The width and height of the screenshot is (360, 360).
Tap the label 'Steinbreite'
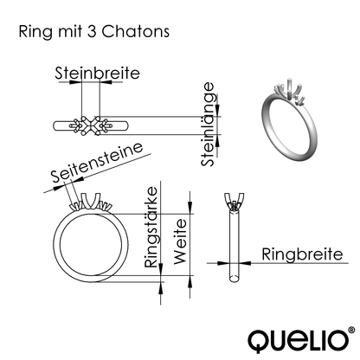click(97, 74)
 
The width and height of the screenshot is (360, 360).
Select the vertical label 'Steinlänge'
click(208, 125)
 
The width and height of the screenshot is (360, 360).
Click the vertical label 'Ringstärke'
click(151, 232)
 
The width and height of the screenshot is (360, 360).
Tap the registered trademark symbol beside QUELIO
click(350, 330)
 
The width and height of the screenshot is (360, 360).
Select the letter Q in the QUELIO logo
click(258, 339)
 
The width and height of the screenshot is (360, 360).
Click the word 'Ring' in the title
click(33, 31)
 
